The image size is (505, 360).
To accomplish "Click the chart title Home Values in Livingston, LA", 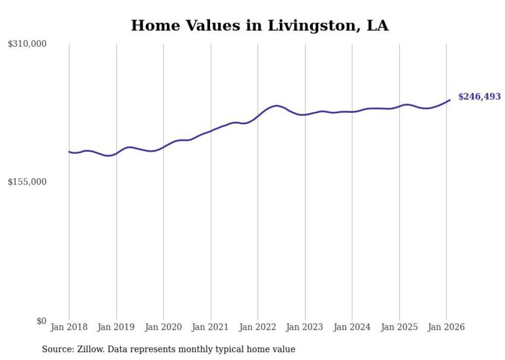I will point(260,25).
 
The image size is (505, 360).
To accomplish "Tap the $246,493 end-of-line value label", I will point(479,96).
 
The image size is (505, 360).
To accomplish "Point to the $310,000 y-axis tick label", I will point(27,44).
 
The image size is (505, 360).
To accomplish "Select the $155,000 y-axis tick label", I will point(27,182).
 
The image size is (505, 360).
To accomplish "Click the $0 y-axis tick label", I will point(41,321).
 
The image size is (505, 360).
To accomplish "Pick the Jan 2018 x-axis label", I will point(69,327).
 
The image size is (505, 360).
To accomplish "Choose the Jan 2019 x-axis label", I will point(116,327).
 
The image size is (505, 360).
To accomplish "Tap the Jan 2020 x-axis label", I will point(163,327).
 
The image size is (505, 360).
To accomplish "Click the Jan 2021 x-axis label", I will point(211,327).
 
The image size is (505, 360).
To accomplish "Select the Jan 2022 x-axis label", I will point(258,327).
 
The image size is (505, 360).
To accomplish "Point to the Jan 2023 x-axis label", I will point(305,327).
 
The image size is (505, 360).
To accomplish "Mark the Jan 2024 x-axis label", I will point(352,327).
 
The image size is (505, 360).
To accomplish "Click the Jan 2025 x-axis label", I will point(399,327).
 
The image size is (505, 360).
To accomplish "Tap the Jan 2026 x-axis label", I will point(446,327).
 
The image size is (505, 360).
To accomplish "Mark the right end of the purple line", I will point(450,100).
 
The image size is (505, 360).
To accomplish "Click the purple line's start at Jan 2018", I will point(69,151).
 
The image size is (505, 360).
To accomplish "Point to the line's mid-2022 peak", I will point(277,106).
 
